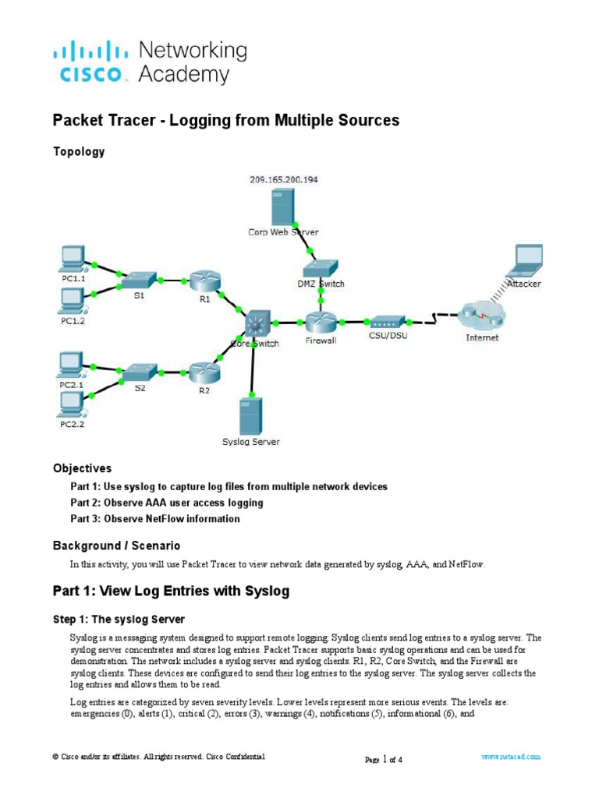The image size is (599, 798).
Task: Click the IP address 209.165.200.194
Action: (283, 179)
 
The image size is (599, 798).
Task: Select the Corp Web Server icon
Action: (282, 206)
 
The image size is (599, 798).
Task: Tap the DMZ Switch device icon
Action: (321, 269)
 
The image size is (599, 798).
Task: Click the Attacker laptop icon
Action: (524, 262)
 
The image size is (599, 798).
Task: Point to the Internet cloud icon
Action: (482, 316)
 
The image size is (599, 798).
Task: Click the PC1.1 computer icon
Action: (73, 256)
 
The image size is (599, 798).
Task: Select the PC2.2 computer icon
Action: (73, 404)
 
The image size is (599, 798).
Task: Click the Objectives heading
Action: (82, 468)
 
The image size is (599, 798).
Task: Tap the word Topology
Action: (78, 152)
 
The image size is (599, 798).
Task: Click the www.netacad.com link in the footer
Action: (510, 757)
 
